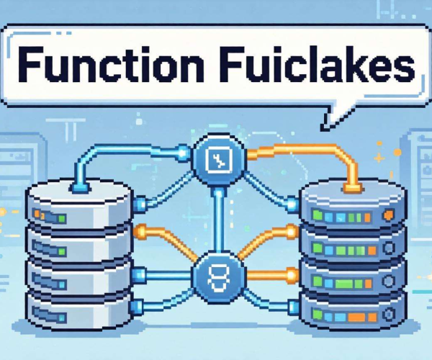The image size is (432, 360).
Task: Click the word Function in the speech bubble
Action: click(x=111, y=65)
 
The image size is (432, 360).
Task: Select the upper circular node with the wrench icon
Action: click(x=219, y=161)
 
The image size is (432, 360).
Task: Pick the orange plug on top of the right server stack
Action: click(x=353, y=188)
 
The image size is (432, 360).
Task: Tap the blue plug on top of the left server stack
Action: click(x=80, y=188)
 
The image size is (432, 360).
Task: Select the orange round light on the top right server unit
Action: click(x=389, y=215)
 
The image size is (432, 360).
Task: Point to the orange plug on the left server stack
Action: click(x=140, y=231)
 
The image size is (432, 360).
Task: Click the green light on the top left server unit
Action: click(x=62, y=219)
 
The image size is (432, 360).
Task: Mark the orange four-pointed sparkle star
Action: click(x=379, y=158)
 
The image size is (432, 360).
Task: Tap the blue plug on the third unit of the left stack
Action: click(x=139, y=274)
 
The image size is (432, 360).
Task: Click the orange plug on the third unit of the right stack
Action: click(x=292, y=275)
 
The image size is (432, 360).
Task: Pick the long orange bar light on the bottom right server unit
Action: click(x=357, y=317)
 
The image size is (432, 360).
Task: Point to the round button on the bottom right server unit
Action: click(x=390, y=314)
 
